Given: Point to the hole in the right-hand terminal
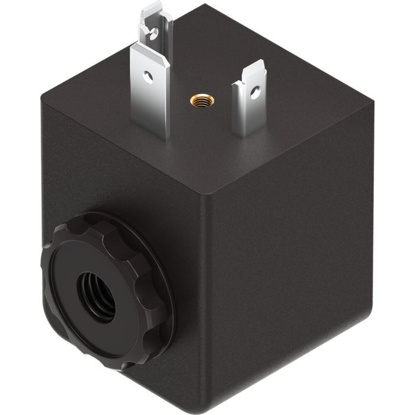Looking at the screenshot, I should (x=255, y=92).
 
